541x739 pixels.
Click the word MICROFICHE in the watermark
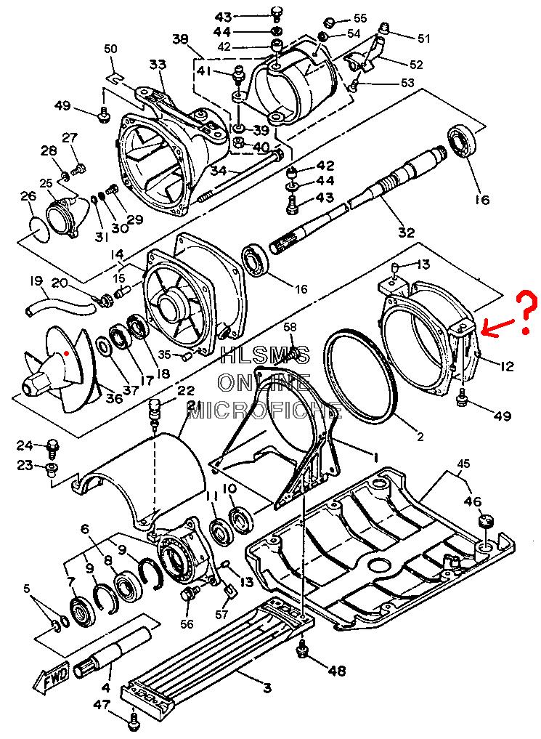tap(264, 410)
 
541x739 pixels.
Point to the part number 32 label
tap(406, 232)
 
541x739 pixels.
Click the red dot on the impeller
tap(67, 352)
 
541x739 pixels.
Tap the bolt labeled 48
tap(302, 652)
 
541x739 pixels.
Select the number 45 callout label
tap(464, 464)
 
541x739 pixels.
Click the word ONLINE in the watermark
tap(264, 382)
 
